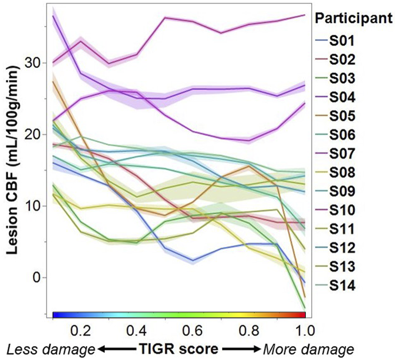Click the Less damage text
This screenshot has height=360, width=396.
point(50,349)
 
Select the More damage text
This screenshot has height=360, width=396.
point(308,349)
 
